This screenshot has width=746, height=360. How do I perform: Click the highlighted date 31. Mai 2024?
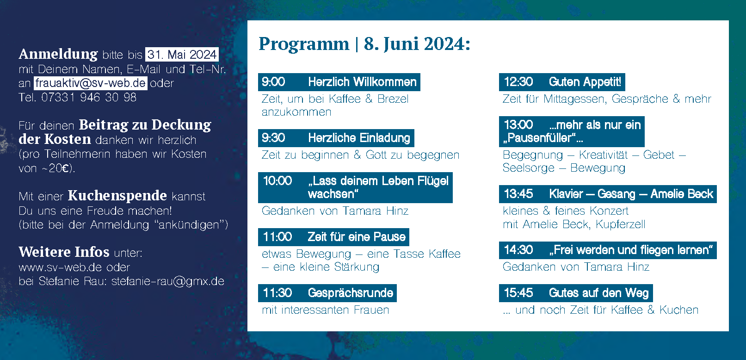pyautogui.click(x=182, y=54)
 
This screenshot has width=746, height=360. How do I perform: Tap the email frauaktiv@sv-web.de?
pyautogui.click(x=91, y=83)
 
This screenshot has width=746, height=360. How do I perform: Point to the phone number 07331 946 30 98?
pyautogui.click(x=89, y=97)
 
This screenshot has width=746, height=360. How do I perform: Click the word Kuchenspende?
pyautogui.click(x=117, y=196)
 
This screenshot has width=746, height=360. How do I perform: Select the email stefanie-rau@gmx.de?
pyautogui.click(x=168, y=281)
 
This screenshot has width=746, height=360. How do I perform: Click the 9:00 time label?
pyautogui.click(x=273, y=82)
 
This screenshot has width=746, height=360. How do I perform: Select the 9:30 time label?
pyautogui.click(x=273, y=138)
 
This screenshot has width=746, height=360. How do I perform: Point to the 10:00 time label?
pyautogui.click(x=277, y=180)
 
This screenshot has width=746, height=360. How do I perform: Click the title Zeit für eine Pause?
pyautogui.click(x=357, y=237)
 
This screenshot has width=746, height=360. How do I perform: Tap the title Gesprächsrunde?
pyautogui.click(x=351, y=293)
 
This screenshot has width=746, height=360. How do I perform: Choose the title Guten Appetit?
pyautogui.click(x=585, y=82)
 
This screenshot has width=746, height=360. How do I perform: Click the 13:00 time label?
pyautogui.click(x=518, y=124)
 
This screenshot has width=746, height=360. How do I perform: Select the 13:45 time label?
pyautogui.click(x=518, y=194)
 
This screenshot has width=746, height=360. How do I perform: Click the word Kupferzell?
pyautogui.click(x=621, y=224)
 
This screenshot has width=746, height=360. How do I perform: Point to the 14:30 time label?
pyautogui.click(x=518, y=250)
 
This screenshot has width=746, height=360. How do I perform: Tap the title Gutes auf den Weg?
pyautogui.click(x=599, y=293)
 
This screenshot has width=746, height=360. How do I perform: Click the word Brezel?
pyautogui.click(x=393, y=99)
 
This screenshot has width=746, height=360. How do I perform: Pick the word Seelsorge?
pyautogui.click(x=529, y=168)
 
